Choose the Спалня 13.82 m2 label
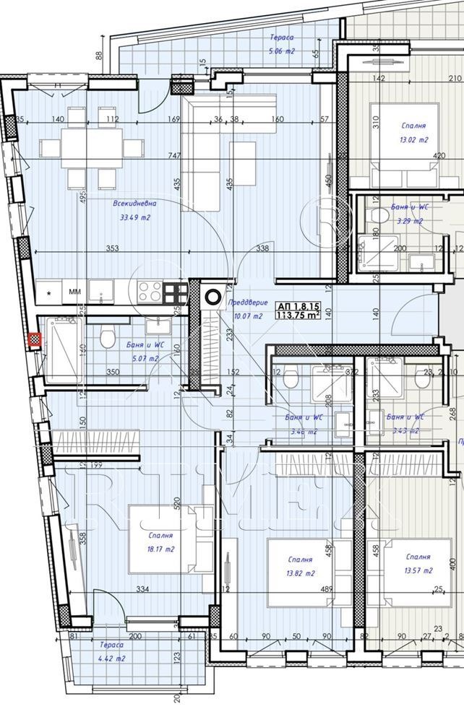299,566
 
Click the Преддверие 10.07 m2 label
247,309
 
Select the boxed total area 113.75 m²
299,310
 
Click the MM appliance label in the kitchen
74,292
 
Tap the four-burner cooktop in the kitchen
150,291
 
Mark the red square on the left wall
33,339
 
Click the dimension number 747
172,155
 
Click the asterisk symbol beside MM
48,293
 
